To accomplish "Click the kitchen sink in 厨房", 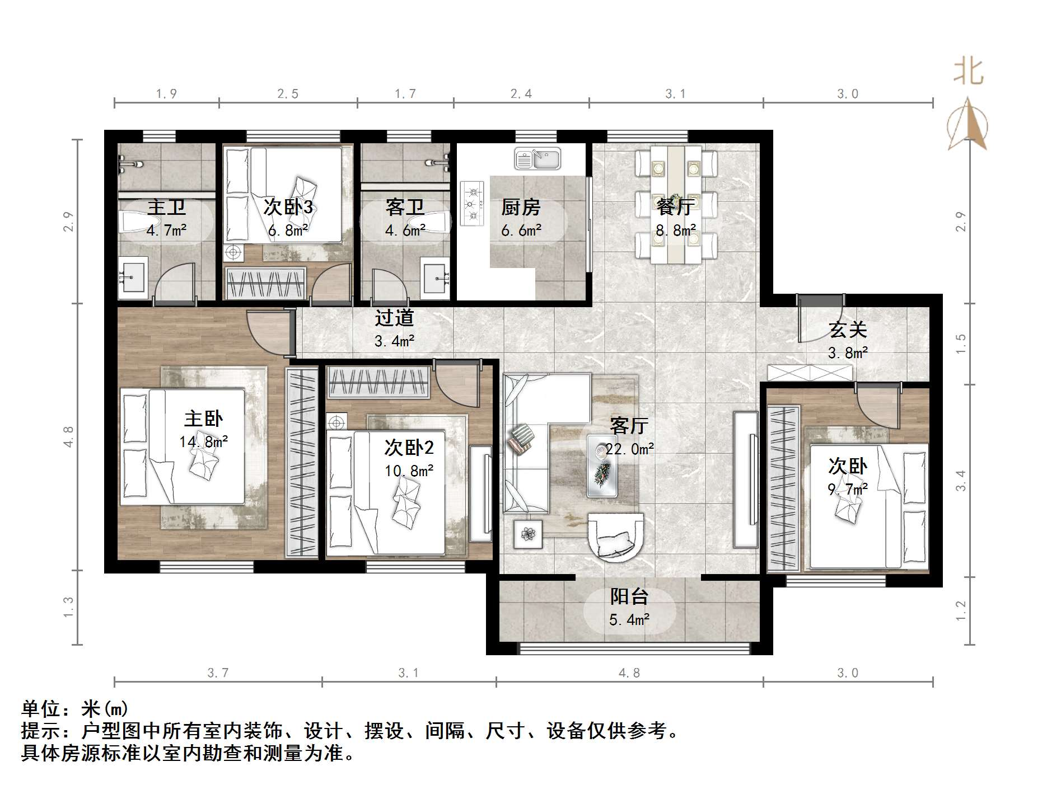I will tap(537, 158).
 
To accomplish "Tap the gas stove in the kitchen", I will tap(471, 204).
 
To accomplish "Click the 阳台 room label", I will tap(629, 596).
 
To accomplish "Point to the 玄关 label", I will tap(848, 330).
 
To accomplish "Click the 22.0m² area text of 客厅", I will tap(630, 449).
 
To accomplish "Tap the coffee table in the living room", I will tap(602, 466).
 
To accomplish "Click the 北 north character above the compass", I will tap(969, 72).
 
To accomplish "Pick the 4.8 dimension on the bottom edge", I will tap(629, 673).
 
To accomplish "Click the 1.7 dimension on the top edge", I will tap(405, 93).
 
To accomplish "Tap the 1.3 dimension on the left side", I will tap(68, 607).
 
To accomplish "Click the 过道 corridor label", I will tap(394, 318).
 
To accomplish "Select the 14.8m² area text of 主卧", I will tap(203, 441).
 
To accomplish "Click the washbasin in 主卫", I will tap(133, 278).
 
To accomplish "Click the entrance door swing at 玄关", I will tap(819, 319).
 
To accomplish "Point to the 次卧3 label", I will tap(288, 207).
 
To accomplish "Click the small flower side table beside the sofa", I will tap(527, 533).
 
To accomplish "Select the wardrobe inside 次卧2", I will tap(378, 382).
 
